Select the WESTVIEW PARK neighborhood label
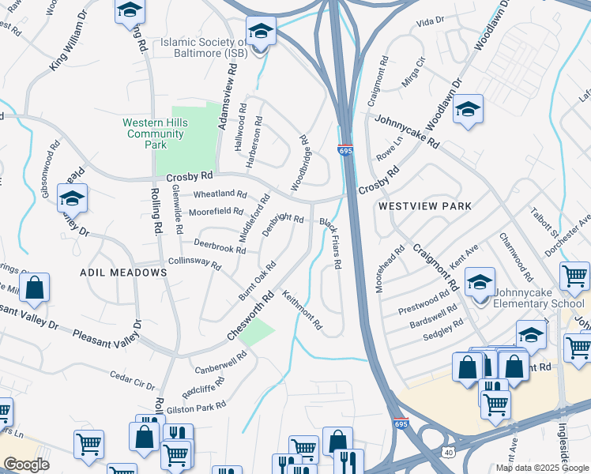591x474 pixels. point(424,206)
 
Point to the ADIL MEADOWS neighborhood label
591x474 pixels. point(124,273)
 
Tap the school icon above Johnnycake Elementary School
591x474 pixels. point(480,280)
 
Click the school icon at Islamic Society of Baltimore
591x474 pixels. point(260,32)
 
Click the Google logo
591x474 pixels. point(26,465)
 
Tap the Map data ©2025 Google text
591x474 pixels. point(542,468)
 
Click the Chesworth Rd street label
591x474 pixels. point(250,316)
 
